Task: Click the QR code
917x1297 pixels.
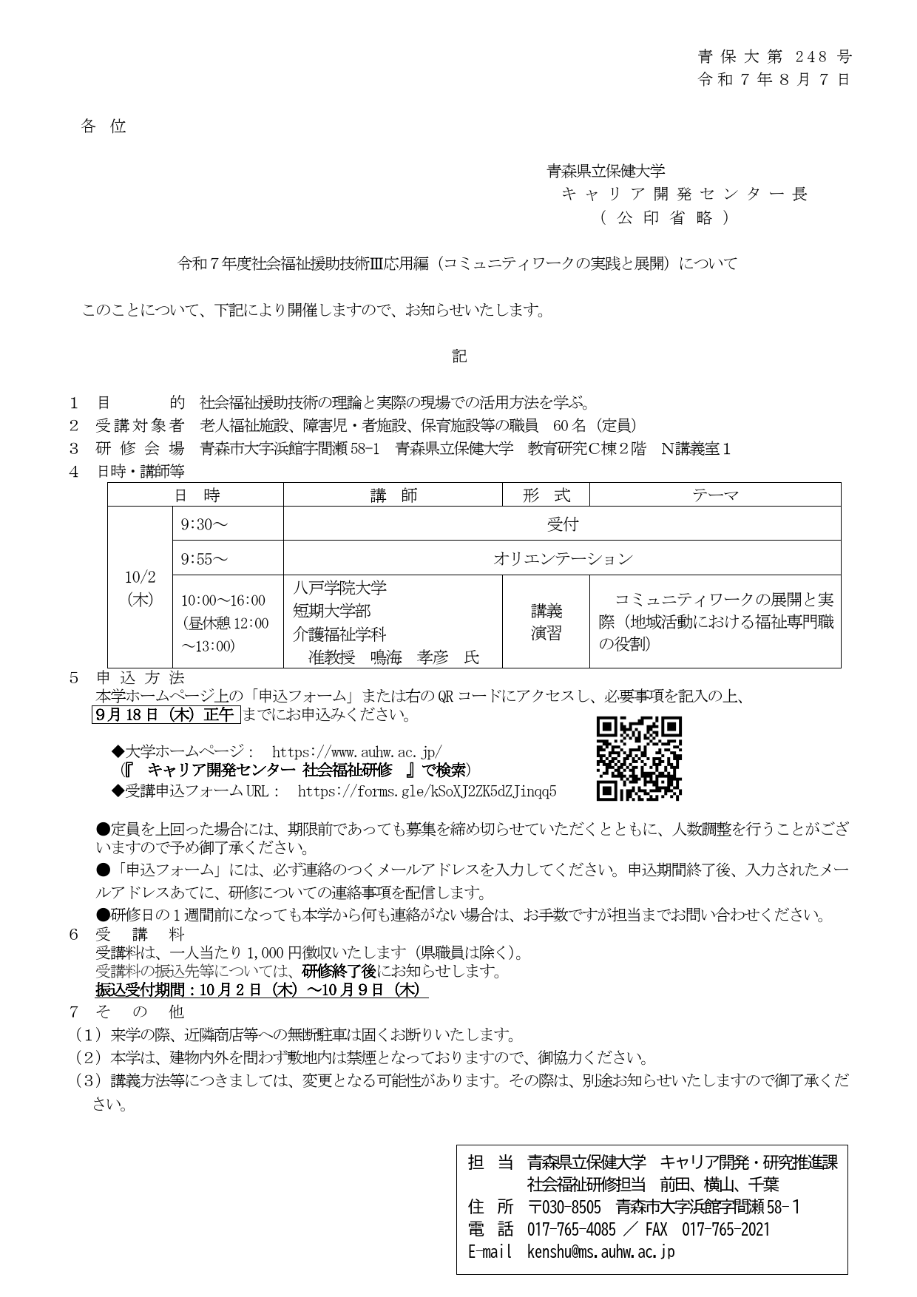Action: pyautogui.click(x=639, y=759)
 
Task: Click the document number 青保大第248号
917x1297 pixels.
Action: pyautogui.click(x=774, y=57)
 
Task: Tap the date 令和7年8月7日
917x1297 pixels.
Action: pyautogui.click(x=774, y=80)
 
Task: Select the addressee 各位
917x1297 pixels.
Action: pyautogui.click(x=104, y=126)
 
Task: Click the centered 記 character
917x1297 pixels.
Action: pyautogui.click(x=459, y=356)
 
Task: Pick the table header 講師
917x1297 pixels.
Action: pyautogui.click(x=393, y=495)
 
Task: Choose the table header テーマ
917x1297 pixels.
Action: pyautogui.click(x=714, y=495)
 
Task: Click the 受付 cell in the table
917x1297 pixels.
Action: pyautogui.click(x=562, y=524)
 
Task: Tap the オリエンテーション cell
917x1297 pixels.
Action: pyautogui.click(x=562, y=558)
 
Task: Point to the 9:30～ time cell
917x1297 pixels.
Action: pyautogui.click(x=204, y=524)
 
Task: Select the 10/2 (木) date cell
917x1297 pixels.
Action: pyautogui.click(x=141, y=588)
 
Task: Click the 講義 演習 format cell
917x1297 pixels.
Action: pyautogui.click(x=546, y=622)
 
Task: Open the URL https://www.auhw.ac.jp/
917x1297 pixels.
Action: pyautogui.click(x=357, y=752)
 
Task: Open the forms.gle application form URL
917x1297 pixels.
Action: pyautogui.click(x=427, y=791)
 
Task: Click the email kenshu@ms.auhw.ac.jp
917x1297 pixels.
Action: pyautogui.click(x=600, y=1251)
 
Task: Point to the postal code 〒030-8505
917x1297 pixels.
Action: pyautogui.click(x=564, y=1207)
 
